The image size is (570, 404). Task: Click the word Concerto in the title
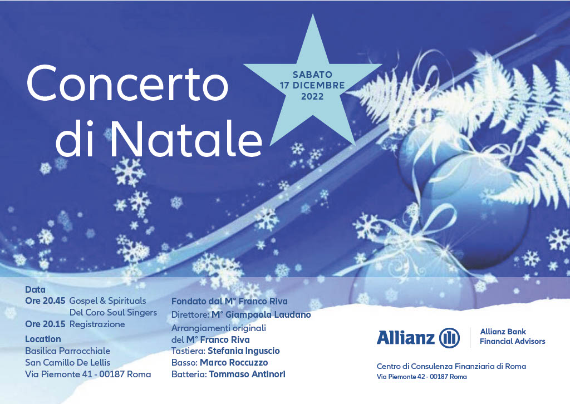pos(127,83)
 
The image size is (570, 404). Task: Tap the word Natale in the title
pos(185,137)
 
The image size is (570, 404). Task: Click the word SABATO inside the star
pos(312,75)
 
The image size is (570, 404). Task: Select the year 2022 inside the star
pos(312,96)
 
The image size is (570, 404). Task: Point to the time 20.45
pos(54,301)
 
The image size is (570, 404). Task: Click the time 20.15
pos(54,324)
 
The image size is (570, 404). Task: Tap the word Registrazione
pos(97,324)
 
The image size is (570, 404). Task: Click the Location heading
pos(43,339)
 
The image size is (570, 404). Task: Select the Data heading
pos(35,289)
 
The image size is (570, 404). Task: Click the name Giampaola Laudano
pos(266,315)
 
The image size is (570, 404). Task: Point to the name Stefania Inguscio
pos(244,351)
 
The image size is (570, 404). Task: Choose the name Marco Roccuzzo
pos(234,363)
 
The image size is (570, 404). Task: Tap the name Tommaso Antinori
pos(247,374)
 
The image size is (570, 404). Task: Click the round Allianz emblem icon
pos(450,338)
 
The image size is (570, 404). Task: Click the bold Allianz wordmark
pos(406,337)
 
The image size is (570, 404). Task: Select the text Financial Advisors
pos(513,342)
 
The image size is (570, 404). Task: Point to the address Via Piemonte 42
pos(401,377)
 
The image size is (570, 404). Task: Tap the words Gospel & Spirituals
pos(107,301)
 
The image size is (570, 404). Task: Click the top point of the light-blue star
pos(313,14)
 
